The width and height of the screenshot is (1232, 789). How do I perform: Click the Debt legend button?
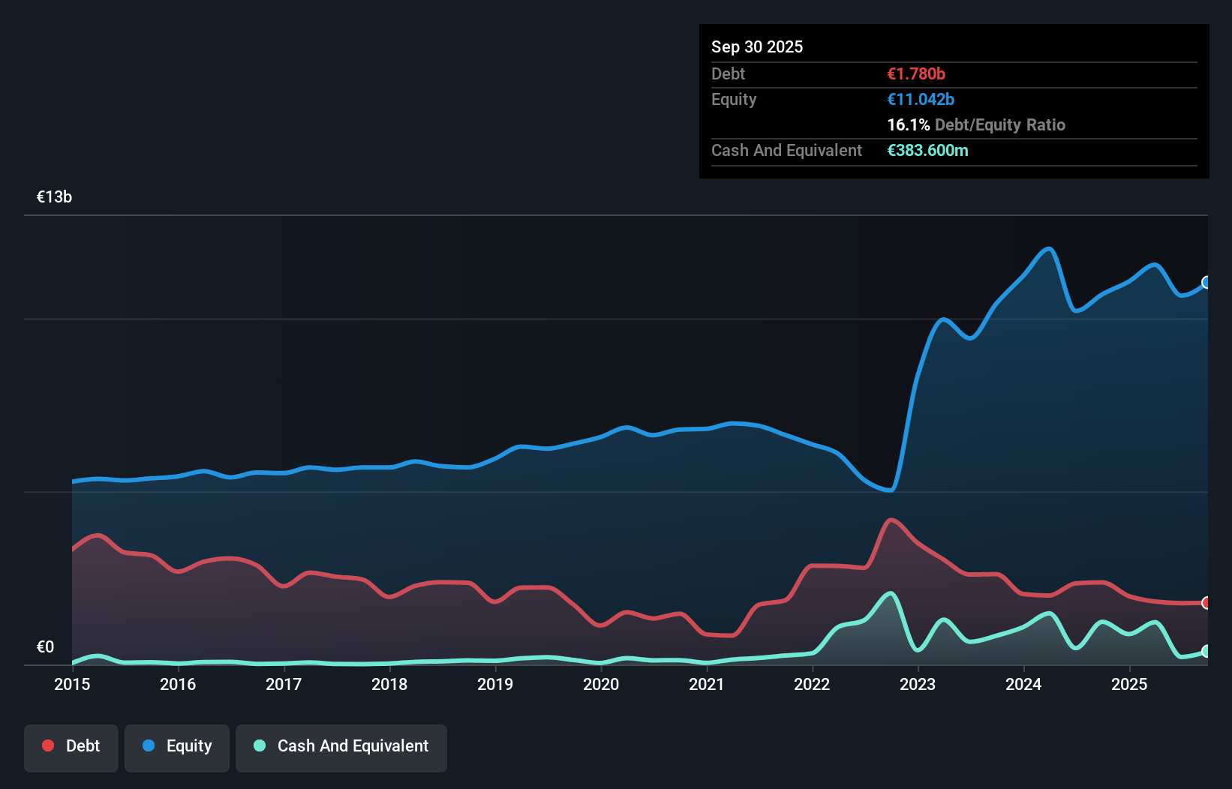pyautogui.click(x=71, y=746)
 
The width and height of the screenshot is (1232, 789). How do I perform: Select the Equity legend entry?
pyautogui.click(x=177, y=746)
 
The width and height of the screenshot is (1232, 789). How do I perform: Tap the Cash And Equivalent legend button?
pyautogui.click(x=341, y=746)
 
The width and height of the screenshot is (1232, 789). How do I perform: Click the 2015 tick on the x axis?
pyautogui.click(x=72, y=684)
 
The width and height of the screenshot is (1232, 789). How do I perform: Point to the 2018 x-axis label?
pyautogui.click(x=389, y=684)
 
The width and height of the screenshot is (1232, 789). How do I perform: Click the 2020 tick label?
pyautogui.click(x=601, y=684)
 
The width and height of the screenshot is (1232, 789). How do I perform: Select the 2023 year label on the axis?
pyautogui.click(x=918, y=684)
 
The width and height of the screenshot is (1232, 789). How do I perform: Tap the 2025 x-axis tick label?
pyautogui.click(x=1129, y=684)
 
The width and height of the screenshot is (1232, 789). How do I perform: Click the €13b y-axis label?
pyautogui.click(x=54, y=197)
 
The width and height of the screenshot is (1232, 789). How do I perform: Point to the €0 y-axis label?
pyautogui.click(x=45, y=647)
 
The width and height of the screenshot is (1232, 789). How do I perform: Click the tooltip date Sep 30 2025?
pyautogui.click(x=757, y=46)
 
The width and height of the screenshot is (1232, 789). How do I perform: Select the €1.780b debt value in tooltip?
pyautogui.click(x=916, y=73)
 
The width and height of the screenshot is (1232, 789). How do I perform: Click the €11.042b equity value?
pyautogui.click(x=921, y=99)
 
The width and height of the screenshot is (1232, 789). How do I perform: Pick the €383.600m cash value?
pyautogui.click(x=927, y=150)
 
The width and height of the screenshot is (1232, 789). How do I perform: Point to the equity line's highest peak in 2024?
pyautogui.click(x=1049, y=249)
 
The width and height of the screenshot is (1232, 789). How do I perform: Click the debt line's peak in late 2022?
pyautogui.click(x=891, y=520)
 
